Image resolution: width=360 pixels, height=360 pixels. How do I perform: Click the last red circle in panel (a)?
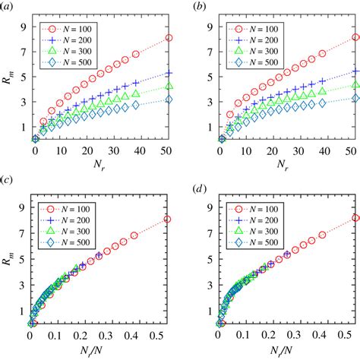[169, 38]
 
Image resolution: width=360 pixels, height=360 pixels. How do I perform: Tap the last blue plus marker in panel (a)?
[169, 74]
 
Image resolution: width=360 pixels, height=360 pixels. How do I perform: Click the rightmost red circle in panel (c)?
[168, 219]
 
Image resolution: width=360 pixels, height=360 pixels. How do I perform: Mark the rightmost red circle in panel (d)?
[355, 218]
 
